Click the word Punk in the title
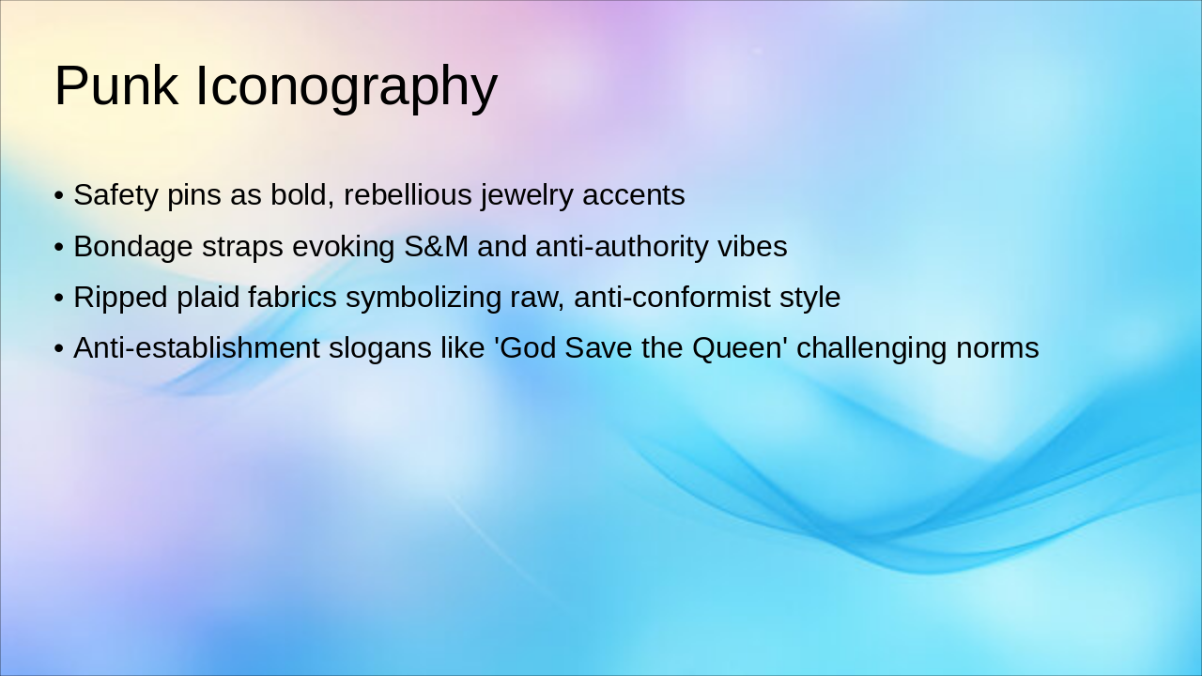coord(116,85)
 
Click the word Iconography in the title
coord(347,88)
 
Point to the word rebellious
coord(408,194)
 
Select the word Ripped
coord(121,299)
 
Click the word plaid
coord(208,299)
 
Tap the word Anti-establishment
coord(197,347)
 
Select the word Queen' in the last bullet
coord(740,348)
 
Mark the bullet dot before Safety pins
coord(59,195)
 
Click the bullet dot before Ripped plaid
coord(59,298)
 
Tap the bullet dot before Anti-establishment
coord(59,348)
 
